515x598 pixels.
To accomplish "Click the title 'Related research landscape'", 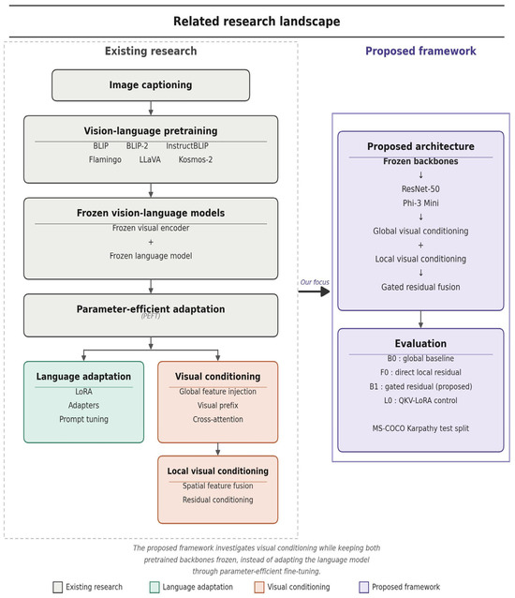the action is tap(257, 22).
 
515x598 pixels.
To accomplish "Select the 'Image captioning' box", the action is tap(151, 85).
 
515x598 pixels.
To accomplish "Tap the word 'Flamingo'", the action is tap(105, 159).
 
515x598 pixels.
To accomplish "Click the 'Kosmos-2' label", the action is tap(196, 159).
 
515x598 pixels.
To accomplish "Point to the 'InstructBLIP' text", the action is tap(187, 146).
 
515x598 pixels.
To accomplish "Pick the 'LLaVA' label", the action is tap(150, 159).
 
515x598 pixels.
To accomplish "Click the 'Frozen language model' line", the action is tap(151, 256).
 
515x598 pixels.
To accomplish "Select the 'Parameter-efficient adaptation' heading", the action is tap(151, 309).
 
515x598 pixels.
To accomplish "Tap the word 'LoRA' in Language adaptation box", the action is tap(83, 392).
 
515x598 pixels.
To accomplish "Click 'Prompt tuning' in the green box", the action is tap(83, 420).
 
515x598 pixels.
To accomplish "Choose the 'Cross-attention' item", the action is tap(218, 419).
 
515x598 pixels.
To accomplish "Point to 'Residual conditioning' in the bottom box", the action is tap(218, 500).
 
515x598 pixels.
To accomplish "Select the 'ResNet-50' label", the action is tap(420, 188).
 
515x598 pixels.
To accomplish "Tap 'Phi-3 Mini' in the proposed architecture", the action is tap(420, 202).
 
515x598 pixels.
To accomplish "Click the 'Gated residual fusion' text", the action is tap(420, 287).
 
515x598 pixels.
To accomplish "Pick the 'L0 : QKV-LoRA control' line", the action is tap(420, 400).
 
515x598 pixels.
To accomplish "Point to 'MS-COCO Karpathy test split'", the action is tap(420, 428).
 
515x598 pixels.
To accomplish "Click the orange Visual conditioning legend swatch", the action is tap(259, 587).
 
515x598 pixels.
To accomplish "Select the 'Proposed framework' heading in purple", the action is tap(420, 52).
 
